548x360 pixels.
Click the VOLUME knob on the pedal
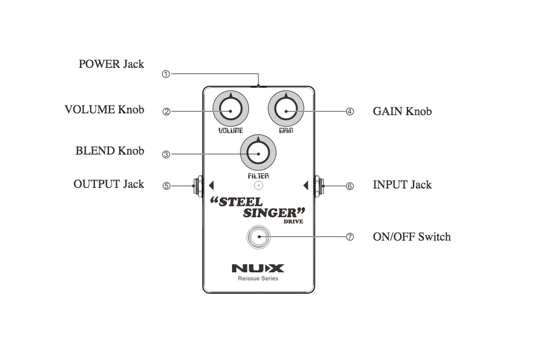point(230,109)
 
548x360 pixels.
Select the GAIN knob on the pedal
point(286,109)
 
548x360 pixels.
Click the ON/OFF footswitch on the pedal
point(258,237)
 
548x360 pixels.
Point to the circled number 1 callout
point(166,74)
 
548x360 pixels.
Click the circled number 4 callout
point(349,112)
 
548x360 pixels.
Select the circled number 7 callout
point(349,237)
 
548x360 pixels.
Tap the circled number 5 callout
point(166,186)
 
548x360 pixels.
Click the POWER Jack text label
point(111,64)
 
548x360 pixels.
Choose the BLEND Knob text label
point(110,150)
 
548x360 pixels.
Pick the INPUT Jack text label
point(402,184)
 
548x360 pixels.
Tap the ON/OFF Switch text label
point(411,236)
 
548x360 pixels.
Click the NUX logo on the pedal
point(258,268)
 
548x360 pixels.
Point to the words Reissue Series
point(258,279)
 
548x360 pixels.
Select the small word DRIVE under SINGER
point(293,222)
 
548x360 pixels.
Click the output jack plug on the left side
point(197,185)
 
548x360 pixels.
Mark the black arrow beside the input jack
point(306,185)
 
